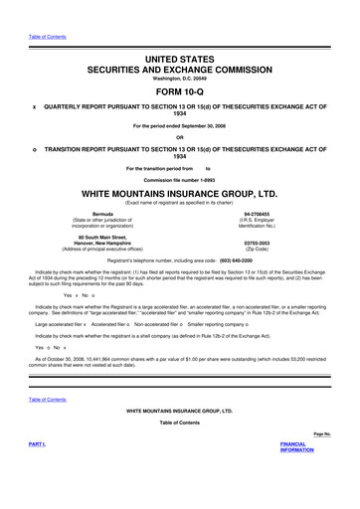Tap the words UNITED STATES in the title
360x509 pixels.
179,60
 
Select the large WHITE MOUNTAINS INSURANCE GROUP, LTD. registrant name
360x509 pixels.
179,190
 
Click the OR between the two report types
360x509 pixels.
179,136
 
